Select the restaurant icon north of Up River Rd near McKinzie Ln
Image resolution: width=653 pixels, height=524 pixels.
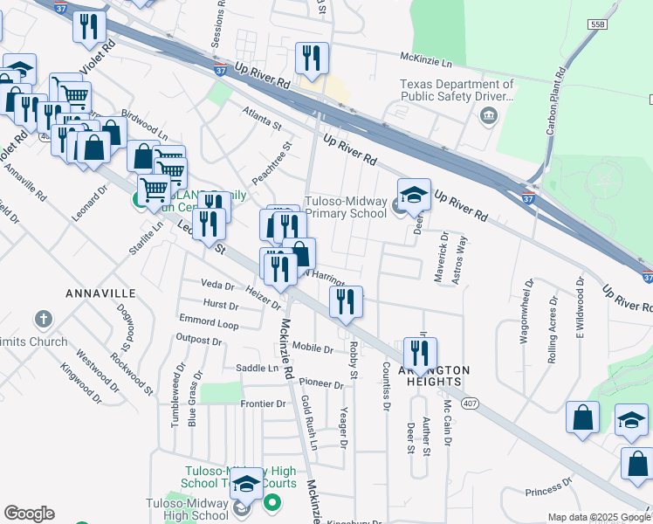(x=311, y=59)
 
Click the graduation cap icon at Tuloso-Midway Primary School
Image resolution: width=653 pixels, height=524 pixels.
(x=414, y=195)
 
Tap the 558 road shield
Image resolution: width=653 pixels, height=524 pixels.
(x=597, y=25)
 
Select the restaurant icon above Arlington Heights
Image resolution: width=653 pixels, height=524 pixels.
(x=420, y=354)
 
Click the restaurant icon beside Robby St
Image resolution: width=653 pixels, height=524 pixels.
(x=346, y=301)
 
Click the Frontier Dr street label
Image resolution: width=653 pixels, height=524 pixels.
(x=263, y=403)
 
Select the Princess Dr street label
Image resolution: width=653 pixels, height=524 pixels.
(x=547, y=482)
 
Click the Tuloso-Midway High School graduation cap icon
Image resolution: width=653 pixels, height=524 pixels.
(x=247, y=483)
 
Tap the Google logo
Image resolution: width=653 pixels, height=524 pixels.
(x=28, y=514)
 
